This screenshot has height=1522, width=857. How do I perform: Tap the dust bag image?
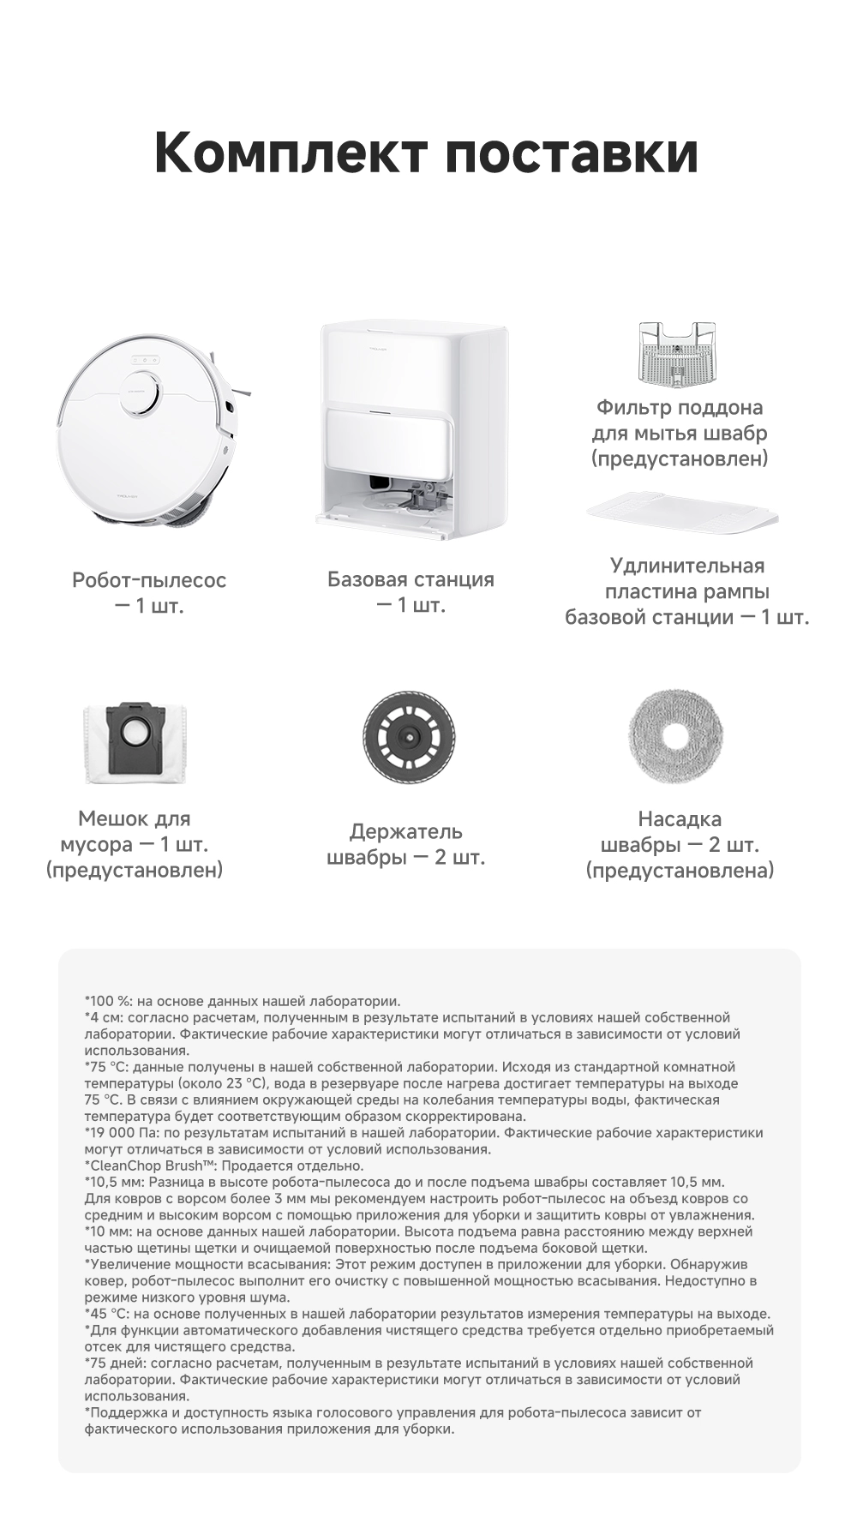click(x=137, y=741)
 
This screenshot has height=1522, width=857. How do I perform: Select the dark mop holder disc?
click(x=408, y=736)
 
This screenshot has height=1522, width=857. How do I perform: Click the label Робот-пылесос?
click(x=149, y=580)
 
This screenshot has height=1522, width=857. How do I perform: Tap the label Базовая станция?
click(x=411, y=579)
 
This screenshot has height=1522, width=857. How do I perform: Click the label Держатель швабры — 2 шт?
click(x=406, y=844)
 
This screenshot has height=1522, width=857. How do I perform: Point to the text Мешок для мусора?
click(x=135, y=831)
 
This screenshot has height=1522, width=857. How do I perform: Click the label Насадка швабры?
click(x=680, y=831)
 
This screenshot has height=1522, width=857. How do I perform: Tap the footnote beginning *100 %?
click(x=243, y=1000)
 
